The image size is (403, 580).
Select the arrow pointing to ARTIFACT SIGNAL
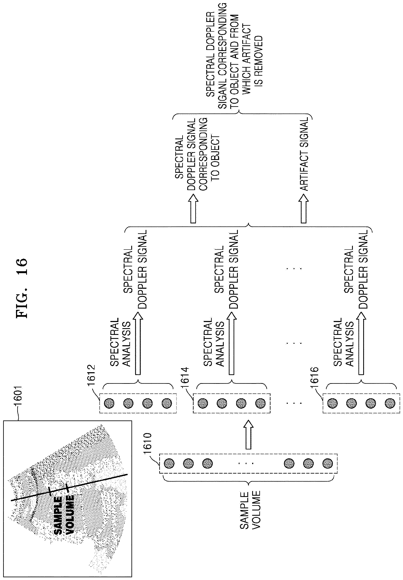click(x=304, y=209)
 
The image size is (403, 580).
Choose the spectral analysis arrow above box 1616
click(x=361, y=344)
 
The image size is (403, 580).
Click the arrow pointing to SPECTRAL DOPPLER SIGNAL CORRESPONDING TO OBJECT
click(x=193, y=209)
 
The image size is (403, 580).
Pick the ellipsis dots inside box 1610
click(x=246, y=463)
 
